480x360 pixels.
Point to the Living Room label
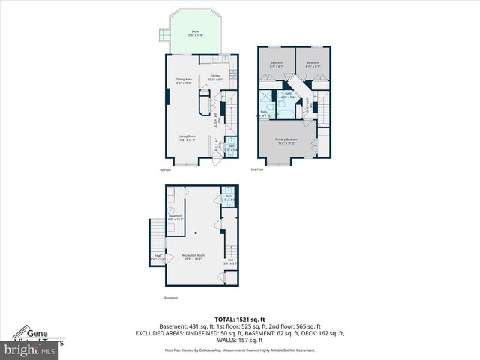pyautogui.click(x=187, y=138)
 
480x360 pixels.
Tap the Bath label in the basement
pyautogui.click(x=228, y=197)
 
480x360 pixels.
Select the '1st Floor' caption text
pyautogui.click(x=166, y=170)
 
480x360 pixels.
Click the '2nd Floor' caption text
pyautogui.click(x=257, y=170)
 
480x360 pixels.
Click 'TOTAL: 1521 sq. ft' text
pyautogui.click(x=239, y=319)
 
